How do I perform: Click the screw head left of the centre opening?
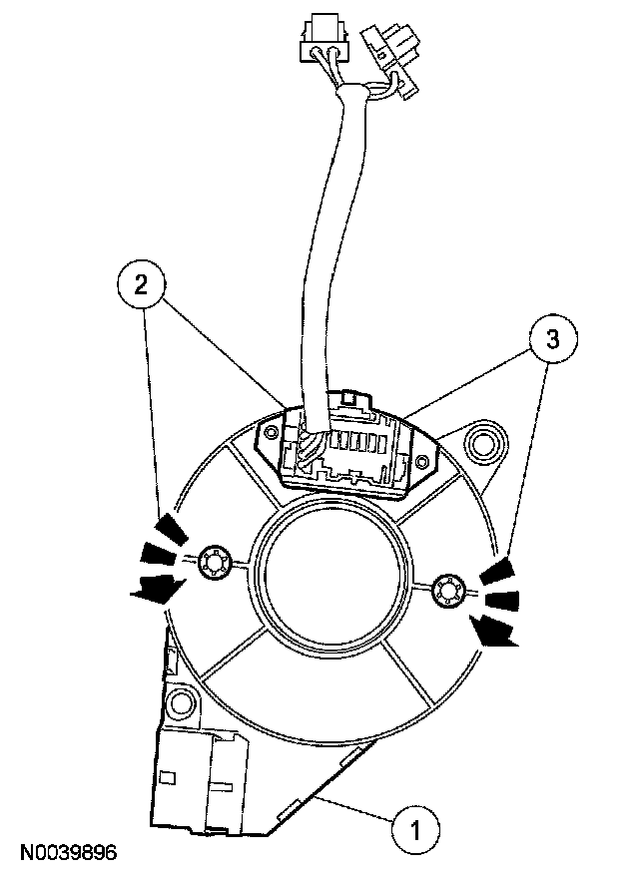pos(212,564)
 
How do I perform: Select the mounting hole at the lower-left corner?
pos(180,699)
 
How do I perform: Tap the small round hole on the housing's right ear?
pos(420,461)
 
